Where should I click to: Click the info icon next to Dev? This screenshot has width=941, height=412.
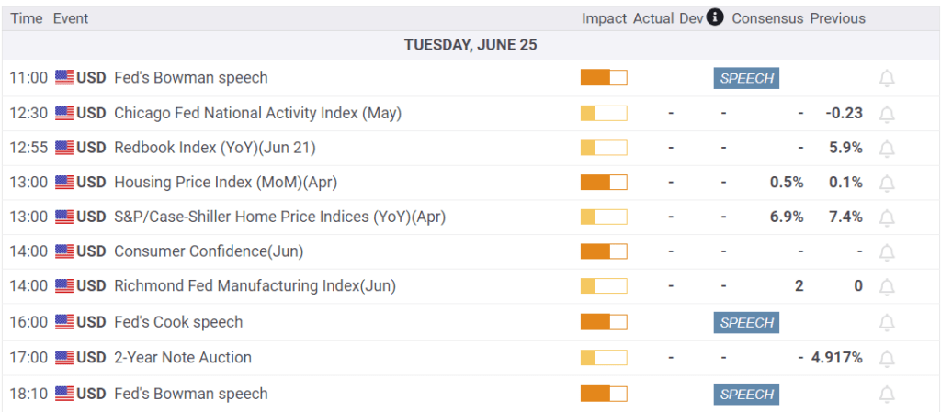coord(715,17)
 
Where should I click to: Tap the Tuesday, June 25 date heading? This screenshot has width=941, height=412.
coord(470,44)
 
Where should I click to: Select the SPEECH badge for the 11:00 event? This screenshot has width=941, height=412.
coord(746,78)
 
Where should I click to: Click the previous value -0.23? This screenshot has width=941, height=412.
coord(844,113)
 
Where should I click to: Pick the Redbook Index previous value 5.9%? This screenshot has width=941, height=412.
coord(845,148)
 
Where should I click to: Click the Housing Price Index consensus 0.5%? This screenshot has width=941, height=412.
coord(787,182)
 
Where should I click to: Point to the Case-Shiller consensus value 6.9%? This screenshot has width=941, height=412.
coord(787,217)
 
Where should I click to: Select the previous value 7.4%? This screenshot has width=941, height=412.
coord(845,217)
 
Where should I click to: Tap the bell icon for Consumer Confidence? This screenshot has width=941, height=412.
coord(887,251)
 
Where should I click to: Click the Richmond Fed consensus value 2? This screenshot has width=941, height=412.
coord(799,285)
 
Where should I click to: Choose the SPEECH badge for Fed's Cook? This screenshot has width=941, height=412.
coord(746,322)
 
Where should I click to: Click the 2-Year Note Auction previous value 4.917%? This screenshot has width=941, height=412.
coord(836,357)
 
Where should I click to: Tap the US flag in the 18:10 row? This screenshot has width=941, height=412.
coord(64,394)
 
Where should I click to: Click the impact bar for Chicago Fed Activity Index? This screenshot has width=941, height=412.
coord(604,113)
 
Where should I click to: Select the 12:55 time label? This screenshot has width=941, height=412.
coord(28,148)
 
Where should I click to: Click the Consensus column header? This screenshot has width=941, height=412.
coord(767,18)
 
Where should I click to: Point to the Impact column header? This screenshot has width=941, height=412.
coord(604,18)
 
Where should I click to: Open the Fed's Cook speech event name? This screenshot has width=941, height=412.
coord(178,322)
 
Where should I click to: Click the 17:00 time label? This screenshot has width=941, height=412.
coord(28,357)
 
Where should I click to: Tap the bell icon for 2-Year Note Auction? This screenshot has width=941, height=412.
coord(887,357)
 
